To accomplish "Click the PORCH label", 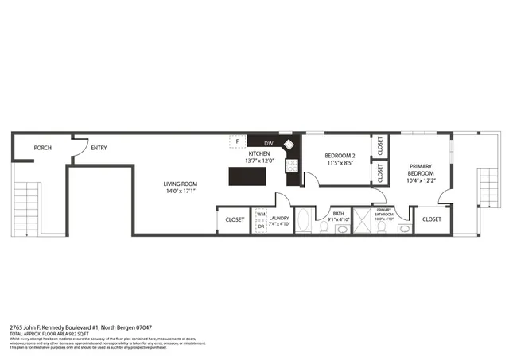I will click(x=43, y=148).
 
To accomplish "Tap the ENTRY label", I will click(x=99, y=148).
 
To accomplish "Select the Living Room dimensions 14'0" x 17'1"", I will click(x=181, y=192).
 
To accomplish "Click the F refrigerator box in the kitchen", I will click(x=235, y=141).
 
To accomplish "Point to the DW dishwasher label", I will click(x=268, y=144).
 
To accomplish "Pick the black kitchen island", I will click(x=247, y=176).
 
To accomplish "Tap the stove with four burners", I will click(x=292, y=166).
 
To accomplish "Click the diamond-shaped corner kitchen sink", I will click(x=288, y=145).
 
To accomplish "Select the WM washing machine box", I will click(x=261, y=215).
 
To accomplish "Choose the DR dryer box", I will click(x=261, y=226).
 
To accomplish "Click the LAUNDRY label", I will click(x=278, y=218).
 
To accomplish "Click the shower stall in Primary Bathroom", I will click(x=363, y=222).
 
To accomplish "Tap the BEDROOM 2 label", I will click(x=340, y=155).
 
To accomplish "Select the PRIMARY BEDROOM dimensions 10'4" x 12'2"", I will click(x=421, y=181).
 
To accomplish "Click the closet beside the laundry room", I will click(x=235, y=219).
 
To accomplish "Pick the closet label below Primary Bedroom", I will click(x=431, y=219).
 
